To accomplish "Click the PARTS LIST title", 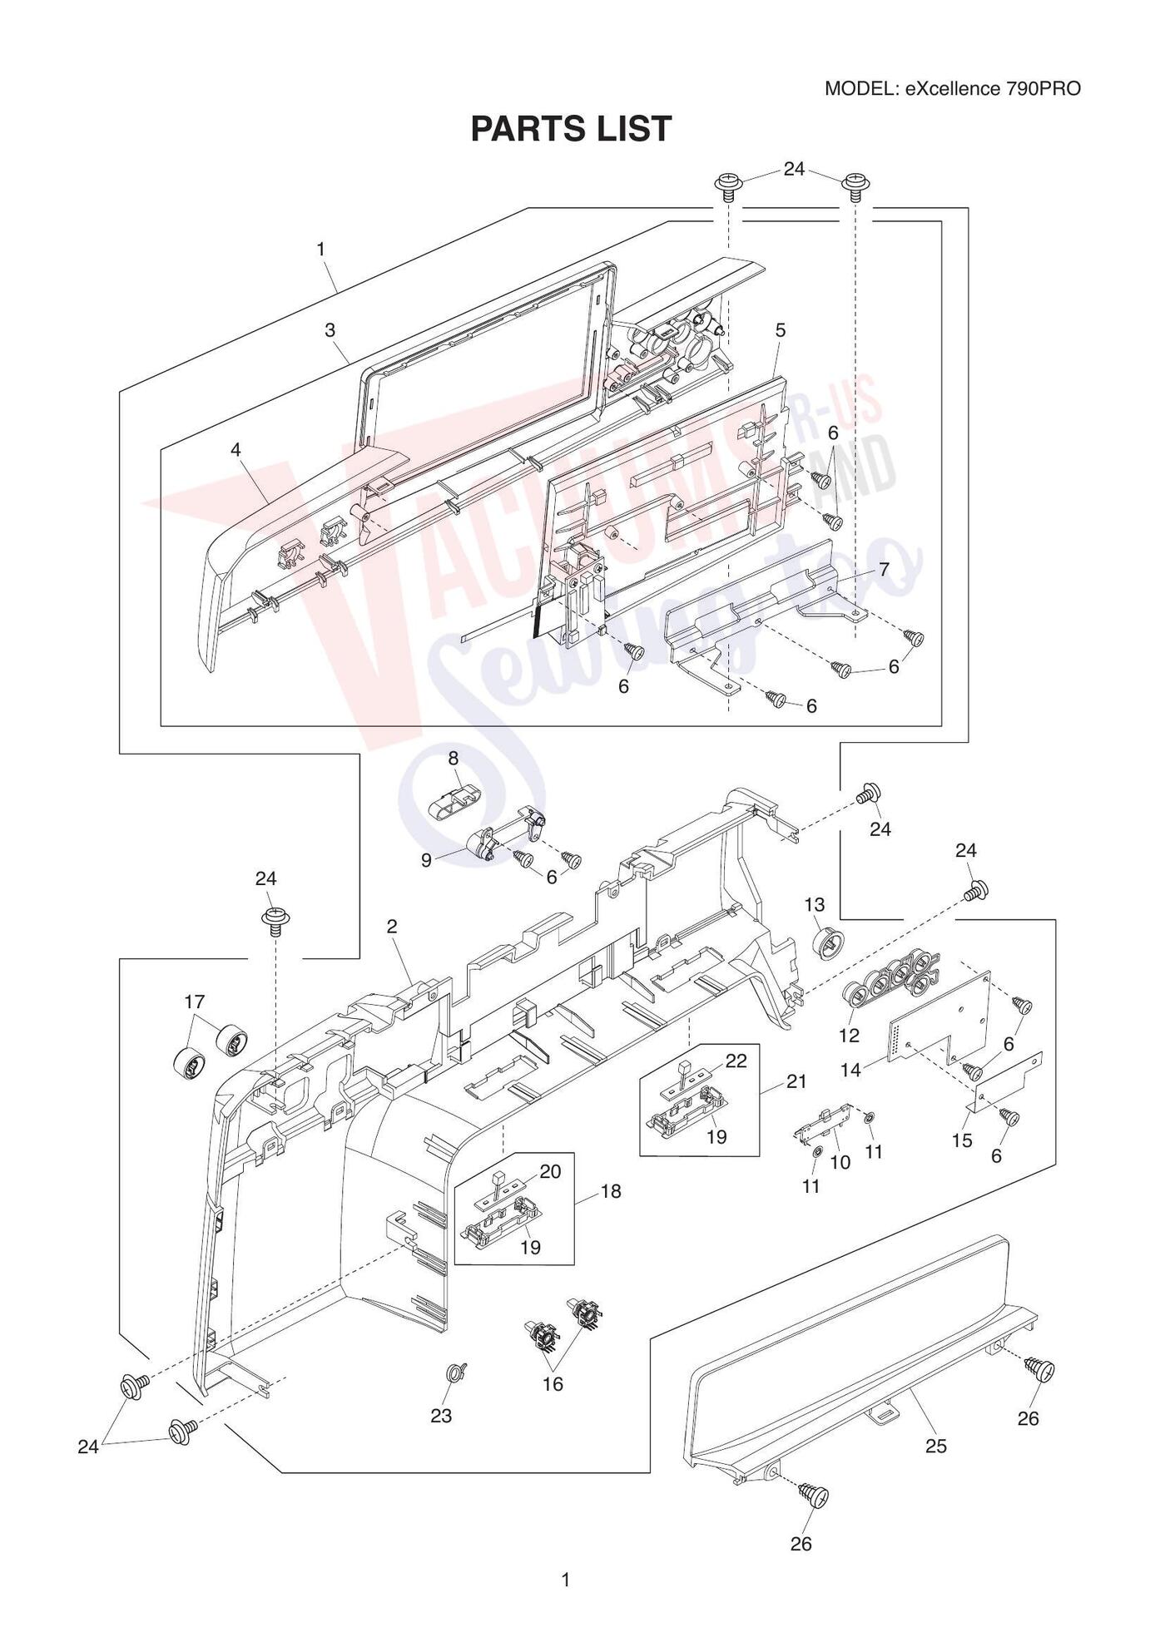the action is [571, 129].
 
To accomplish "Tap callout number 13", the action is [814, 904].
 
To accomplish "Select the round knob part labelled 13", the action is [828, 945].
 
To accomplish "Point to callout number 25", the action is [936, 1447].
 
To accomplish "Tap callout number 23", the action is [441, 1416].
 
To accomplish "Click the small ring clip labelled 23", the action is [456, 1373].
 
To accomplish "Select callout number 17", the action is [195, 1002].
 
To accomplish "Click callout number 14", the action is [850, 1071].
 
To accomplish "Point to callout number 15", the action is [962, 1140].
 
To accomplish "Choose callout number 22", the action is [736, 1061].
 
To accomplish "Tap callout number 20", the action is [551, 1171].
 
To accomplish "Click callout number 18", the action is [611, 1191].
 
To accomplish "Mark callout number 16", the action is [553, 1384].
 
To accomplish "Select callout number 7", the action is [884, 569].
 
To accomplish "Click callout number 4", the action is [236, 449].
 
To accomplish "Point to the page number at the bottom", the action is [566, 1580].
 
